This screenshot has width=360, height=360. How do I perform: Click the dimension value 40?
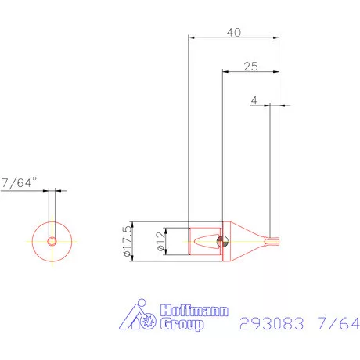coord(233,32)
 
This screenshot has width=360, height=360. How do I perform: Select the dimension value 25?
coord(250,67)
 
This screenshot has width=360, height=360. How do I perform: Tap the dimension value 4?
coord(254,101)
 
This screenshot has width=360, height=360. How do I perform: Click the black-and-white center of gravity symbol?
coord(223,241)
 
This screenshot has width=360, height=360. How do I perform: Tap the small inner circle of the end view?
coord(52,241)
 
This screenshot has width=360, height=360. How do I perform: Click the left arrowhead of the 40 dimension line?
coord(192,37)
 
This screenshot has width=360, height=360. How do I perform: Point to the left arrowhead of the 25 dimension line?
coord(226,71)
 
